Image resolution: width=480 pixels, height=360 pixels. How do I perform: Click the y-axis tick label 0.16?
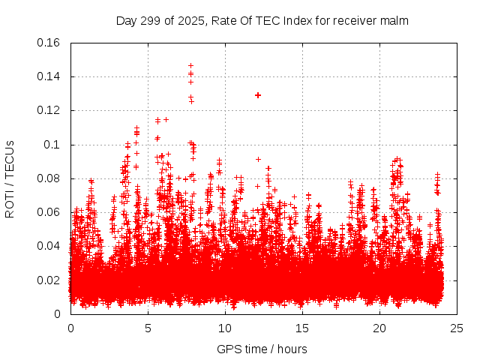[49, 43]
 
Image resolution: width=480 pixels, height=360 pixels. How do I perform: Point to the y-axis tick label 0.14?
[49, 76]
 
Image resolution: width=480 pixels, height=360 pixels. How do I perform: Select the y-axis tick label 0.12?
[49, 110]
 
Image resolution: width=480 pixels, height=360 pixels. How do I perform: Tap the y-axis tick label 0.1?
[54, 145]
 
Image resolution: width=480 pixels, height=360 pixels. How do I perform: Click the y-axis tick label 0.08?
[49, 178]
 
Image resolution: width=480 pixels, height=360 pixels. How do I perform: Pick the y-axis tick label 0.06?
[49, 212]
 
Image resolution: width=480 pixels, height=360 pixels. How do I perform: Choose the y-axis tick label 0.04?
[49, 246]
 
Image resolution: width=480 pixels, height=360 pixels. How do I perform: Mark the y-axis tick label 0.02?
[49, 280]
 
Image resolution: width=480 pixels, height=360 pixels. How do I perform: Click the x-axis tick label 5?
[148, 328]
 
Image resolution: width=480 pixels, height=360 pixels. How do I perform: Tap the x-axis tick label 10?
[225, 328]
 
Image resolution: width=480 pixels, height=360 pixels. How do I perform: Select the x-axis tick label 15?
[302, 328]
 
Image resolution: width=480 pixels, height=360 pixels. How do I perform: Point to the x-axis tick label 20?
[379, 328]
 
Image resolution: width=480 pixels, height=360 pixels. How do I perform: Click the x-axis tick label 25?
[457, 328]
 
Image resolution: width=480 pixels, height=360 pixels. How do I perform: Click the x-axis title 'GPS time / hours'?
[262, 349]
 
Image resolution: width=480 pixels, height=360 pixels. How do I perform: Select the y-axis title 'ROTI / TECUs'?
[10, 178]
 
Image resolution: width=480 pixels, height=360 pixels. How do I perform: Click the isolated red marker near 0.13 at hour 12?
[258, 95]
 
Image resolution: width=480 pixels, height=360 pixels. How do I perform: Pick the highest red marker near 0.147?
[190, 65]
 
